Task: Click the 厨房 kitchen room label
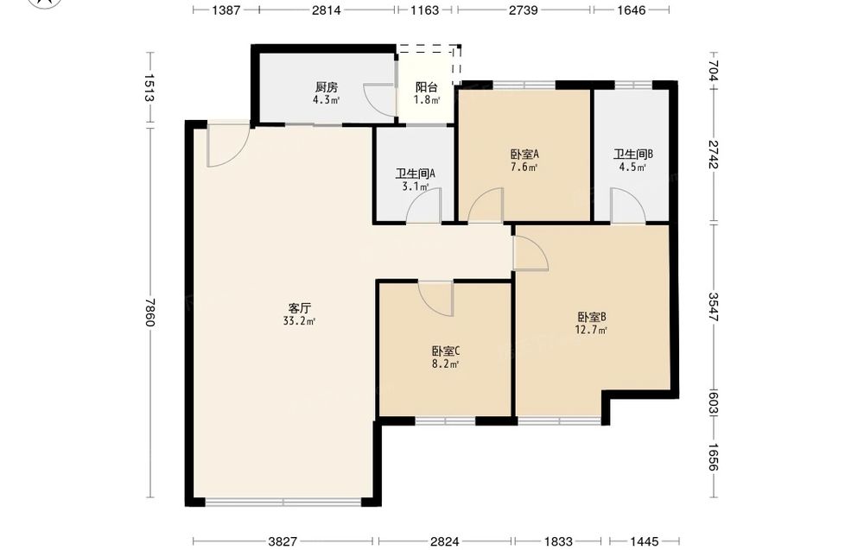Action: coord(327,87)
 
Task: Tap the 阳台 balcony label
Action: coord(427,87)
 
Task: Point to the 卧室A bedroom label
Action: coord(524,155)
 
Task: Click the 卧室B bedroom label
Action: coord(592,317)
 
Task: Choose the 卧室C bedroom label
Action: coord(446,351)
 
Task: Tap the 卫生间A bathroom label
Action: coord(416,174)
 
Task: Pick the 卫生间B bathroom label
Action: coord(633,155)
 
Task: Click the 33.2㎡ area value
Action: coord(299,321)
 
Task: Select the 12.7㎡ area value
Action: coord(591,331)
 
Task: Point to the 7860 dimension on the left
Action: coord(149,313)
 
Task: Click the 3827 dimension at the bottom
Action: coord(283,541)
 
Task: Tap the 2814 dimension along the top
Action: coord(327,9)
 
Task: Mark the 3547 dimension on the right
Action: coord(714,307)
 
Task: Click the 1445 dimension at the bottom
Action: coord(645,541)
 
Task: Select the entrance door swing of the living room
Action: coord(228,145)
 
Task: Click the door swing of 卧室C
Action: coord(435,299)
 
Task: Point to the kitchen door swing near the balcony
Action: coord(379,100)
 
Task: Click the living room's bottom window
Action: coord(283,502)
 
